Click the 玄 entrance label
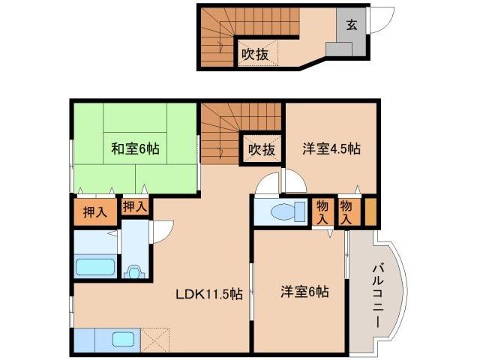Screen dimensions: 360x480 point(351,24)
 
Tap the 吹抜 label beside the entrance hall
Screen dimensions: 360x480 point(255,54)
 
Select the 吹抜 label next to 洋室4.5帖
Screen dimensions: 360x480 point(261,149)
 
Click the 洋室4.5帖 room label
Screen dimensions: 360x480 point(331,148)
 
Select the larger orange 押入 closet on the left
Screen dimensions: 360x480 point(94,212)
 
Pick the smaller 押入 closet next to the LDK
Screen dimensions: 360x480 point(134,206)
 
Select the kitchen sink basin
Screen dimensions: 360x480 point(123,339)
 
